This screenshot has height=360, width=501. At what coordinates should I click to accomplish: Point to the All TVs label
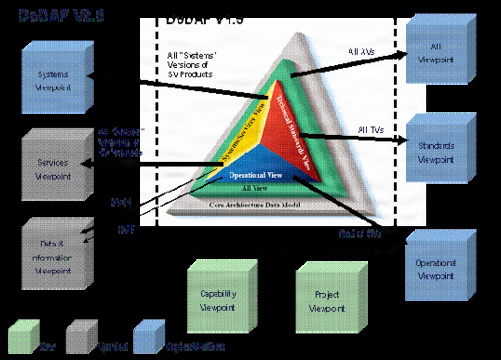tap(371, 130)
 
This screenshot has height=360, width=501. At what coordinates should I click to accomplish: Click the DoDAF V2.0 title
tap(61, 16)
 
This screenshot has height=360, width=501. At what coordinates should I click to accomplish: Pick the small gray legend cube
tap(81, 336)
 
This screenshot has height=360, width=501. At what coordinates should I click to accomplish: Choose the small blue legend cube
tap(149, 336)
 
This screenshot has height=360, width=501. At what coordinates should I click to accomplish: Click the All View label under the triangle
tap(255, 189)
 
